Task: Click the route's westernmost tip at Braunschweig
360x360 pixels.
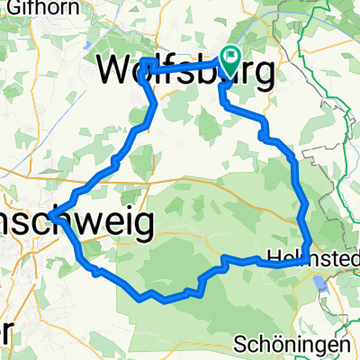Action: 51,216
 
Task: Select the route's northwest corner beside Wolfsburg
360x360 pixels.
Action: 144,62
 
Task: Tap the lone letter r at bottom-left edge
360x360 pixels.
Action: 4,331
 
